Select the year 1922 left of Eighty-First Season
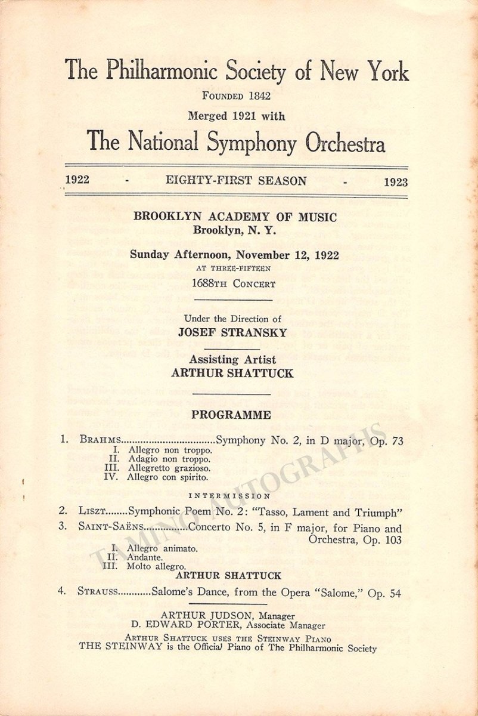point(78,180)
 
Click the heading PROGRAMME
point(231,415)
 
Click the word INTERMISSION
point(229,495)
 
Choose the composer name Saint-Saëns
point(110,528)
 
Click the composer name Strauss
point(98,593)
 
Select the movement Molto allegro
point(156,566)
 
